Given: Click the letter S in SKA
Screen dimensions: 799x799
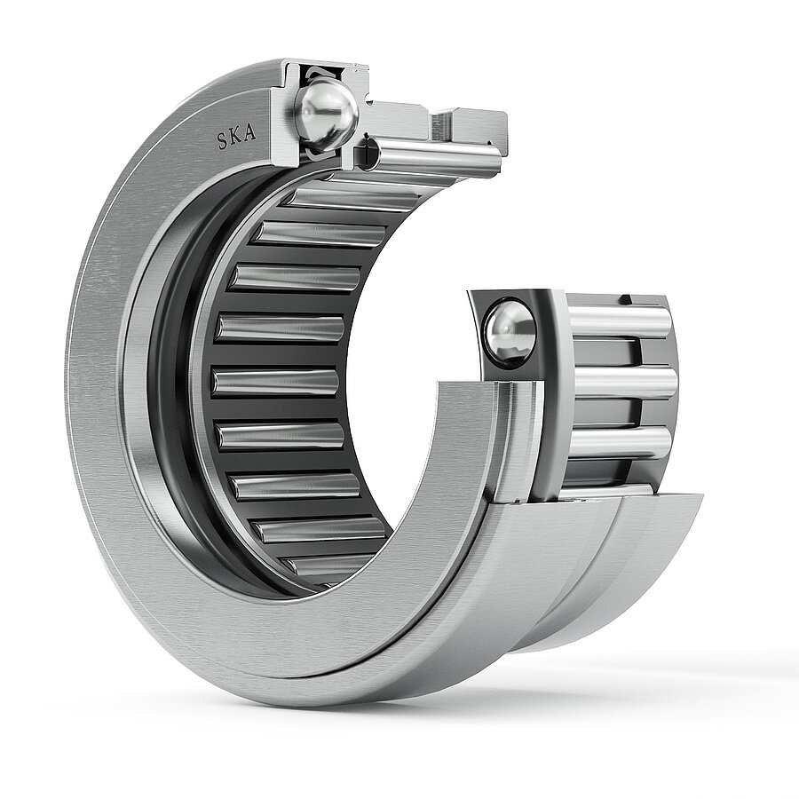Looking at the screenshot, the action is coord(222,141).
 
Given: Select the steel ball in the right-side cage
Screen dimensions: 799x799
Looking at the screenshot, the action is coord(510,333).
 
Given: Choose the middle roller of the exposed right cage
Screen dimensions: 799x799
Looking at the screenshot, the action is coord(624,384).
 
